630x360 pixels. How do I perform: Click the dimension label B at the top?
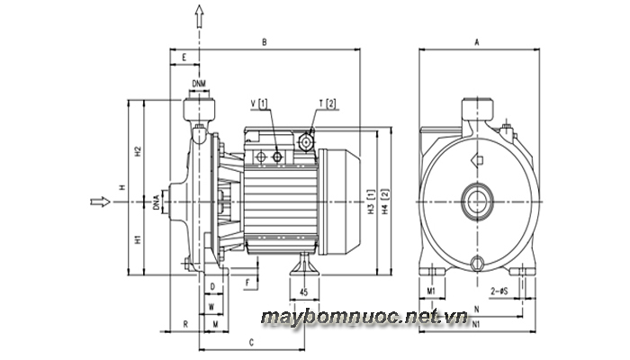pos(265,42)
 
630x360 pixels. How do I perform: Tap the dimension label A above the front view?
pos(477,42)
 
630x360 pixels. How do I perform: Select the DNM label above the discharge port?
pos(199,84)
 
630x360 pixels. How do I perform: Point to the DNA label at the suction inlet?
pos(156,202)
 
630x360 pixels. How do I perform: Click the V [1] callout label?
pos(259,103)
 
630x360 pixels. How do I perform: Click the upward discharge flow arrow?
pos(199,16)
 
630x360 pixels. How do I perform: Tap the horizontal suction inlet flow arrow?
pos(100,202)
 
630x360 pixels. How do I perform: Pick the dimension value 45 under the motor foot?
pos(304,292)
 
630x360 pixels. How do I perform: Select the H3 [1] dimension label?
pos(371,202)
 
